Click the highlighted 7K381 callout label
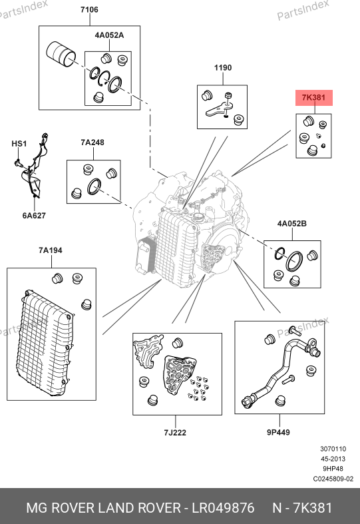coord(313,98)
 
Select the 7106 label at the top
coord(89,10)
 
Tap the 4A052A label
coord(109,35)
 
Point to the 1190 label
coord(223,68)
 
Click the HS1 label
coord(19,144)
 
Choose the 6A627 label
coord(34,216)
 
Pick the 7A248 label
coord(92,142)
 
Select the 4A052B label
coord(292,224)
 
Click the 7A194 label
coord(51,250)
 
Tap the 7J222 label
coord(175,433)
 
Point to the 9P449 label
coord(278,432)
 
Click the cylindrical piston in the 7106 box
coord(61,55)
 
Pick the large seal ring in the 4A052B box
coord(294,262)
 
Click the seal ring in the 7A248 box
coord(94,187)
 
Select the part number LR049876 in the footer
coord(223,508)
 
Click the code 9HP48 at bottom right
coord(333,469)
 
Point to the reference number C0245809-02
coord(333,479)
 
